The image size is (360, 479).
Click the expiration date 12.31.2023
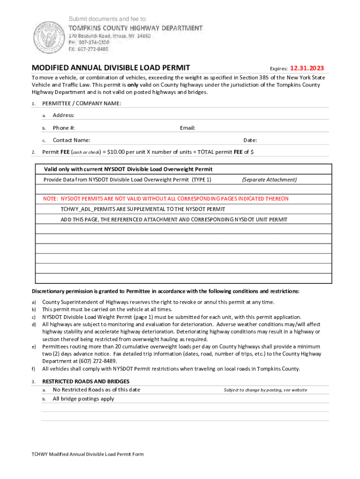coord(307,68)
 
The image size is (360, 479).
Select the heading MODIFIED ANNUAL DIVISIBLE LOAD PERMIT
coord(110,68)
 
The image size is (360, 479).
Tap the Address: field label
coord(64,116)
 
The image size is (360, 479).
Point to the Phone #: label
coord(64,128)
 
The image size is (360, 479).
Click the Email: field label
coord(187,128)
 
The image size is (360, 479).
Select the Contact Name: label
coord(72,140)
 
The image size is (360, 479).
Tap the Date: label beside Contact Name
coord(250,140)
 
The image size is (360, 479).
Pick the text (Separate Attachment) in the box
coord(269,180)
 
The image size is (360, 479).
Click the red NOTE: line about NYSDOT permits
coord(166,199)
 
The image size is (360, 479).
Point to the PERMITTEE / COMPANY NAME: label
coord(82,103)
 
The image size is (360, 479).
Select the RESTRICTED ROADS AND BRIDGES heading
coord(86,382)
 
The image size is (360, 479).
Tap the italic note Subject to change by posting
coord(266,390)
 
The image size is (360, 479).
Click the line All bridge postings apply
coord(83,399)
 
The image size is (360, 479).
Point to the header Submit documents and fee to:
coord(108,19)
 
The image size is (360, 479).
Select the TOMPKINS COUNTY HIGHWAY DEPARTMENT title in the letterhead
coord(136,28)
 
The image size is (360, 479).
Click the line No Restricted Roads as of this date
coord(96,390)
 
